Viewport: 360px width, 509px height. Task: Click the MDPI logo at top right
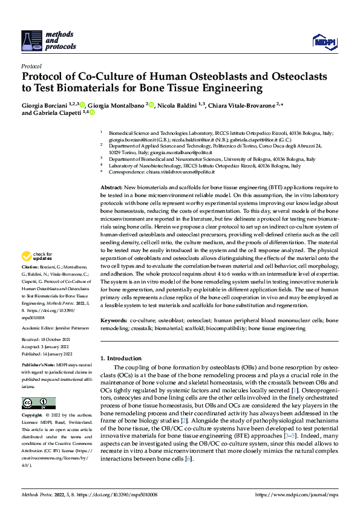click(324, 41)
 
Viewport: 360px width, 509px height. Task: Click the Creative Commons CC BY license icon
click(38, 403)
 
